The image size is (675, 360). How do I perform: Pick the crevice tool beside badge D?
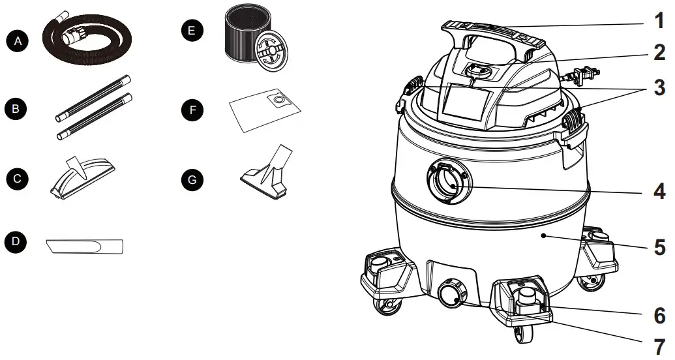[85, 246]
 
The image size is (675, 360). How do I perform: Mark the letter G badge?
[190, 178]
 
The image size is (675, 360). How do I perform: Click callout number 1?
[659, 20]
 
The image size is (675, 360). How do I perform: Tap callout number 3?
[659, 87]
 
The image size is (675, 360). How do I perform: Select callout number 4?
[659, 191]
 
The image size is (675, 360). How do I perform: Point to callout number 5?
[659, 248]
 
